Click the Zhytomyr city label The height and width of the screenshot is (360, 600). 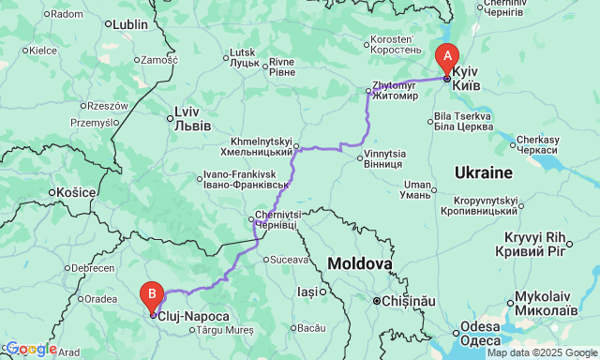[395, 89]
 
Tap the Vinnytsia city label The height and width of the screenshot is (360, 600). [385, 158]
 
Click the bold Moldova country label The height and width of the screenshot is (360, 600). [359, 265]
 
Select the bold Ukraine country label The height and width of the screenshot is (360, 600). [483, 172]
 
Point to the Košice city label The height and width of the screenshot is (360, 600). [78, 192]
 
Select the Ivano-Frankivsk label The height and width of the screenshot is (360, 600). [240, 179]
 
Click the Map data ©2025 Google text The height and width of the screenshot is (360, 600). [541, 352]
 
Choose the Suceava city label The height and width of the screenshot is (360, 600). [289, 259]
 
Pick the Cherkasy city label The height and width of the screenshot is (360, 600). [538, 143]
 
